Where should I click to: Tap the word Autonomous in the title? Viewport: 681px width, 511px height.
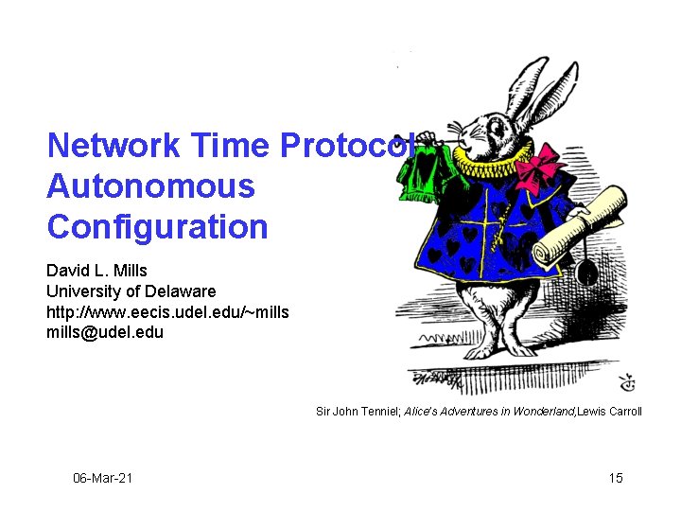[x=150, y=186]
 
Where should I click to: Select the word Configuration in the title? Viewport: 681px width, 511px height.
[x=157, y=227]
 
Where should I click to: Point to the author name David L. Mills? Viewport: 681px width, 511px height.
[x=96, y=272]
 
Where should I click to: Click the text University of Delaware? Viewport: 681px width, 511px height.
[x=131, y=291]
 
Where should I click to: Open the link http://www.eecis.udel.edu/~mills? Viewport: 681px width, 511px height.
[x=167, y=311]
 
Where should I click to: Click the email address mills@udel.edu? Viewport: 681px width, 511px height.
[x=104, y=331]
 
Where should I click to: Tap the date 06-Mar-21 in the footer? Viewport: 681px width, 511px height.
[x=103, y=478]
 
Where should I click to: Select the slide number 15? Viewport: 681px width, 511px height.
[x=616, y=478]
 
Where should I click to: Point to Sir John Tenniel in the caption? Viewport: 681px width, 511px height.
[x=357, y=412]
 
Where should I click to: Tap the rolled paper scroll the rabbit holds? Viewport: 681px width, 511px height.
[x=579, y=223]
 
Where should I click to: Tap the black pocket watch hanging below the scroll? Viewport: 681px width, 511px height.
[x=586, y=273]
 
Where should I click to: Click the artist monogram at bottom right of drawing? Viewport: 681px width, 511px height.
[x=626, y=383]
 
